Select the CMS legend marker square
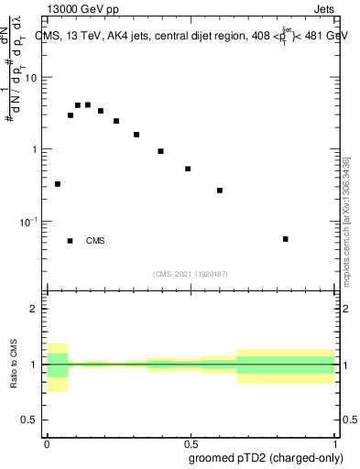pos(71,241)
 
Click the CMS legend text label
pos(95,241)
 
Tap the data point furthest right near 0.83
pos(286,239)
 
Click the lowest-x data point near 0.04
pos(58,184)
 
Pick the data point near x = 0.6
pos(220,191)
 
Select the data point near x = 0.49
pos(188,169)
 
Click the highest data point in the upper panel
pos(88,104)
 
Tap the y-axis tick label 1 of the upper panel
pos(37,149)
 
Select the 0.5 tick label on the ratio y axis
pos(33,420)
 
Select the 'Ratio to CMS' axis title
pos(14,365)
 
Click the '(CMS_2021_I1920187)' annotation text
pos(191,274)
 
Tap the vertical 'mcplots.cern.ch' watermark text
pos(346,228)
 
